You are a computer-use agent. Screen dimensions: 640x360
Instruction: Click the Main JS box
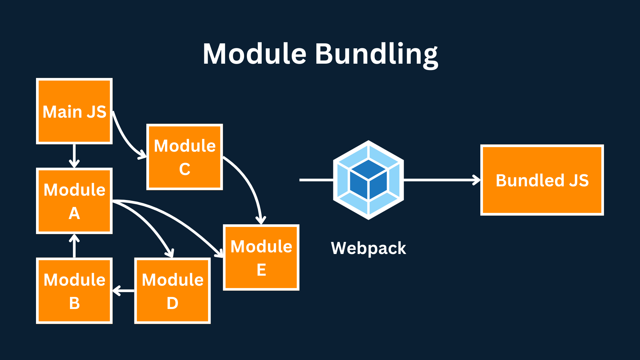pyautogui.click(x=74, y=111)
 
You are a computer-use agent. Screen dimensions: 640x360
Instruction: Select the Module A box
pyautogui.click(x=74, y=201)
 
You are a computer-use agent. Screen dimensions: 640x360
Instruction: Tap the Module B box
pyautogui.click(x=74, y=291)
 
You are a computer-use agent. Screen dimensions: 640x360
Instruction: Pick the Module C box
pyautogui.click(x=185, y=157)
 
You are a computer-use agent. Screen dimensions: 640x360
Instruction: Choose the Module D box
pyautogui.click(x=172, y=291)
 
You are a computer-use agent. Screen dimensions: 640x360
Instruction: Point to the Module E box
pyautogui.click(x=261, y=257)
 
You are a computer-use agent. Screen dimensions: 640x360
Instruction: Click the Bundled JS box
pyautogui.click(x=542, y=180)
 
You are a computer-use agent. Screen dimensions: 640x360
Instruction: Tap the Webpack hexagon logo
pyautogui.click(x=368, y=180)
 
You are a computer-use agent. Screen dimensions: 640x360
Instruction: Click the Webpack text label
pyautogui.click(x=368, y=248)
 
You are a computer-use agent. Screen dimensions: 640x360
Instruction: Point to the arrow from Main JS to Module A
pyautogui.click(x=74, y=156)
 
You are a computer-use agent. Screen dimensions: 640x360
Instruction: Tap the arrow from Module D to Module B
pyautogui.click(x=123, y=291)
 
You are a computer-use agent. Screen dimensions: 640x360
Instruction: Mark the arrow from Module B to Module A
pyautogui.click(x=74, y=246)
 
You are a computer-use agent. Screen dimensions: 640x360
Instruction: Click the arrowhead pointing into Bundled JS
pyautogui.click(x=477, y=180)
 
